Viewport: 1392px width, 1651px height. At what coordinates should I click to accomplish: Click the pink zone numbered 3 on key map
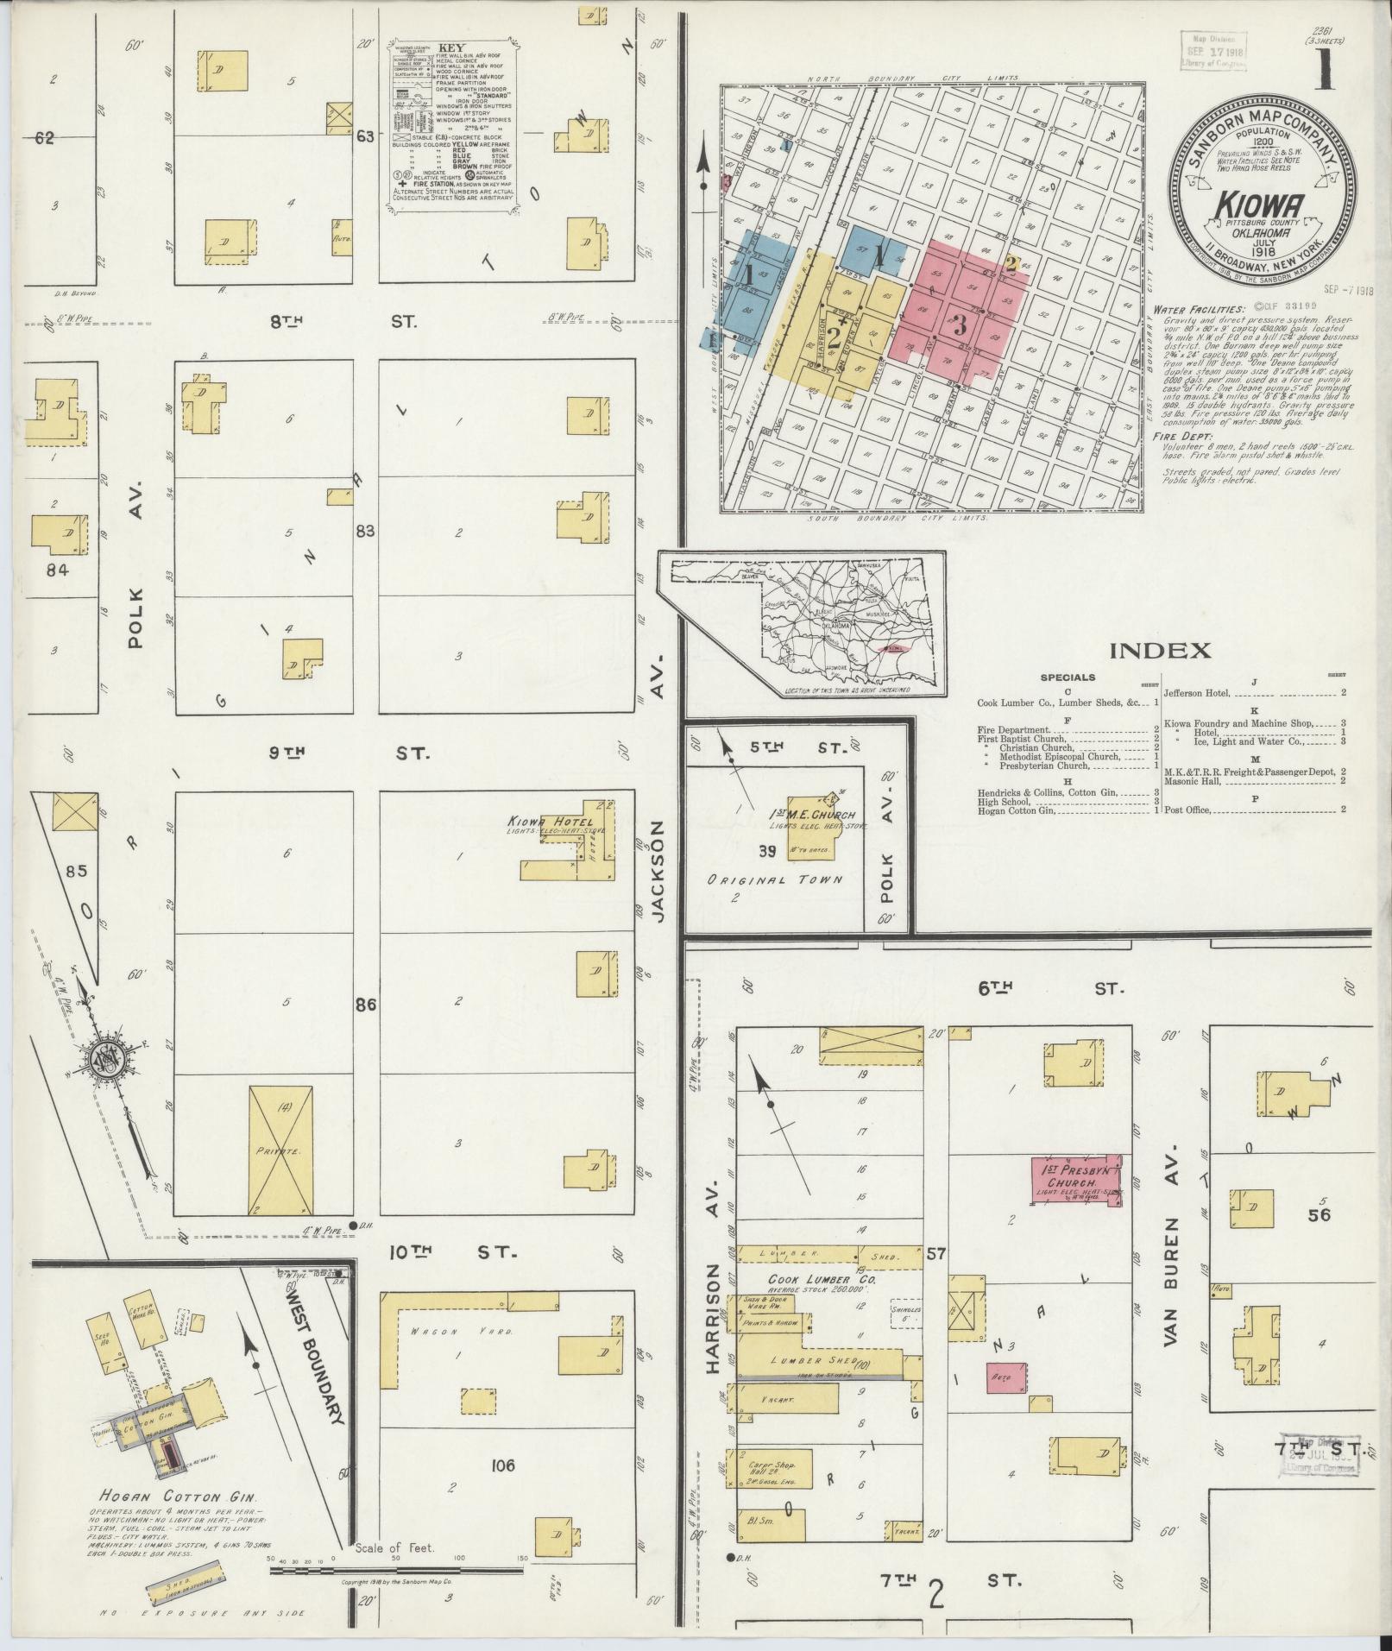click(960, 325)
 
